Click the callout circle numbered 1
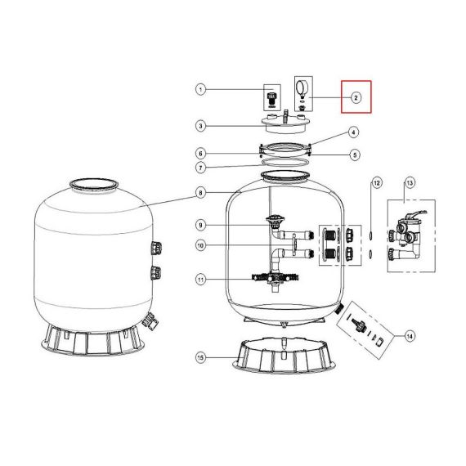[x=201, y=89]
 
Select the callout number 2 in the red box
[x=356, y=97]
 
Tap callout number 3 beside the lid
[x=201, y=126]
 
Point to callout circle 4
[x=353, y=132]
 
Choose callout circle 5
[x=355, y=155]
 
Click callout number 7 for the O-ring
[x=201, y=168]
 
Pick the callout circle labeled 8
[x=201, y=193]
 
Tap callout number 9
[x=201, y=225]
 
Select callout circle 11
[x=201, y=280]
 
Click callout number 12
[x=377, y=183]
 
